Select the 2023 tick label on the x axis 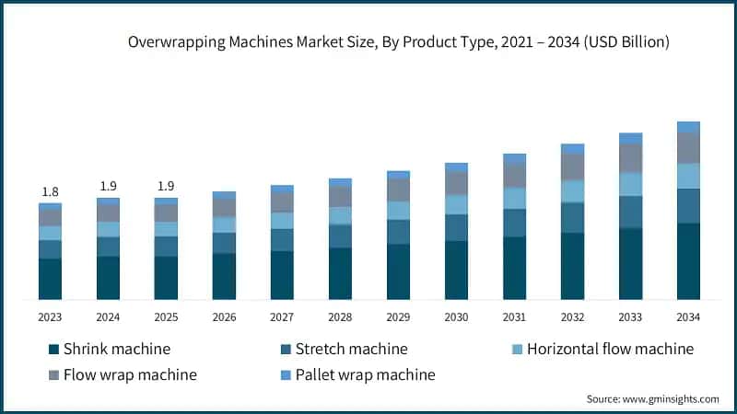point(50,317)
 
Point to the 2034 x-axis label point(688,317)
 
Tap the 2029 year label point(398,317)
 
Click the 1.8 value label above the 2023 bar point(50,191)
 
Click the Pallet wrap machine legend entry point(357,374)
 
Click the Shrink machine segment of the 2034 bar point(688,261)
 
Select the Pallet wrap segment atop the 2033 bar point(630,138)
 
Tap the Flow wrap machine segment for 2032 point(572,167)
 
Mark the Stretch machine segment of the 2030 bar point(456,227)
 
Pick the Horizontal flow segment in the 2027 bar point(282,221)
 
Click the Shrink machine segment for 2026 point(224,276)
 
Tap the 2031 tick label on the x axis point(514,317)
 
